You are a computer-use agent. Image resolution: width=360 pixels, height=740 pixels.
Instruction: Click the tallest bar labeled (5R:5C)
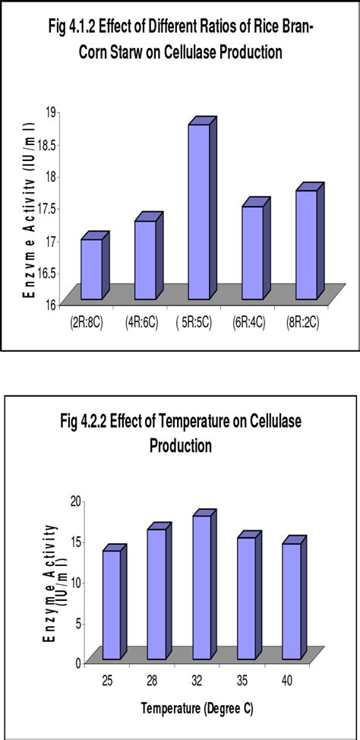click(199, 211)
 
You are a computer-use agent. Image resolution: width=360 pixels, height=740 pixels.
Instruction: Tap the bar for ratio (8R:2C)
click(306, 244)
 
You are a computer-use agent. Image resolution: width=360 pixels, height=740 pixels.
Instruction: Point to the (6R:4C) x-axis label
click(250, 323)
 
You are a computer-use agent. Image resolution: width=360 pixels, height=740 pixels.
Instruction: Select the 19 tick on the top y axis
click(55, 112)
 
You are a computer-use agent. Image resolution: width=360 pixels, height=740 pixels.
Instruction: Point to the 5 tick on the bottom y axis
click(77, 621)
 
